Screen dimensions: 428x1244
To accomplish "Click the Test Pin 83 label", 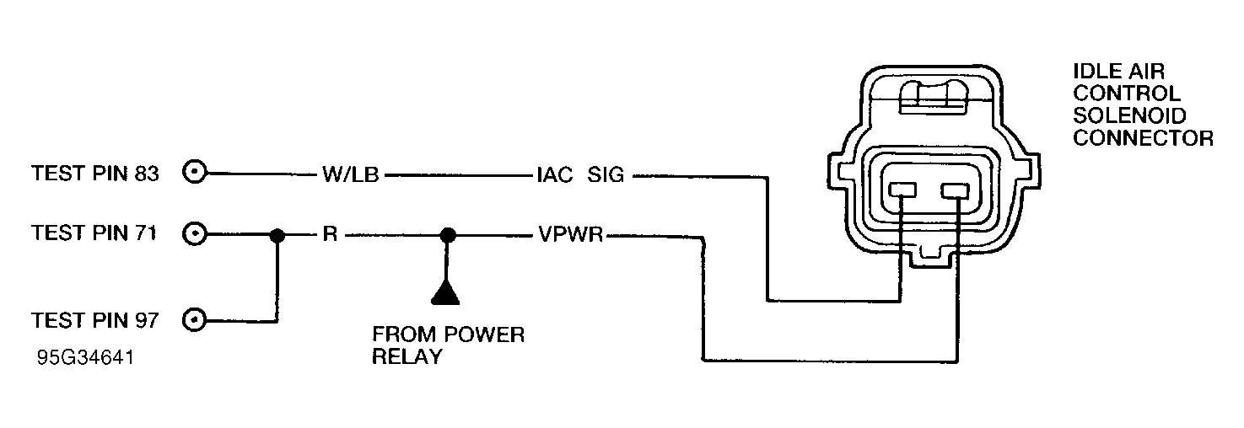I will (x=94, y=174).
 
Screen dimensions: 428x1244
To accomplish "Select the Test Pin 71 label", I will (x=94, y=233).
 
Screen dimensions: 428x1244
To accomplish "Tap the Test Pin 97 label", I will (x=94, y=320).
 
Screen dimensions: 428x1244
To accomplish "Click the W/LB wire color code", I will (x=349, y=176).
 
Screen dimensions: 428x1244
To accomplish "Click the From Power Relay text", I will (x=448, y=345).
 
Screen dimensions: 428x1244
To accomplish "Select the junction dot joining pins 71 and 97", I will (x=276, y=236).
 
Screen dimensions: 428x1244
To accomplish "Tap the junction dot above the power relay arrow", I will (x=449, y=236).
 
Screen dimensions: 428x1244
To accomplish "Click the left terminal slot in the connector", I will (x=902, y=192).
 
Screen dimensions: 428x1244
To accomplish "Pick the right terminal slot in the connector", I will (x=956, y=192).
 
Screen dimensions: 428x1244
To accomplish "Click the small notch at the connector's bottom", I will (x=929, y=252).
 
